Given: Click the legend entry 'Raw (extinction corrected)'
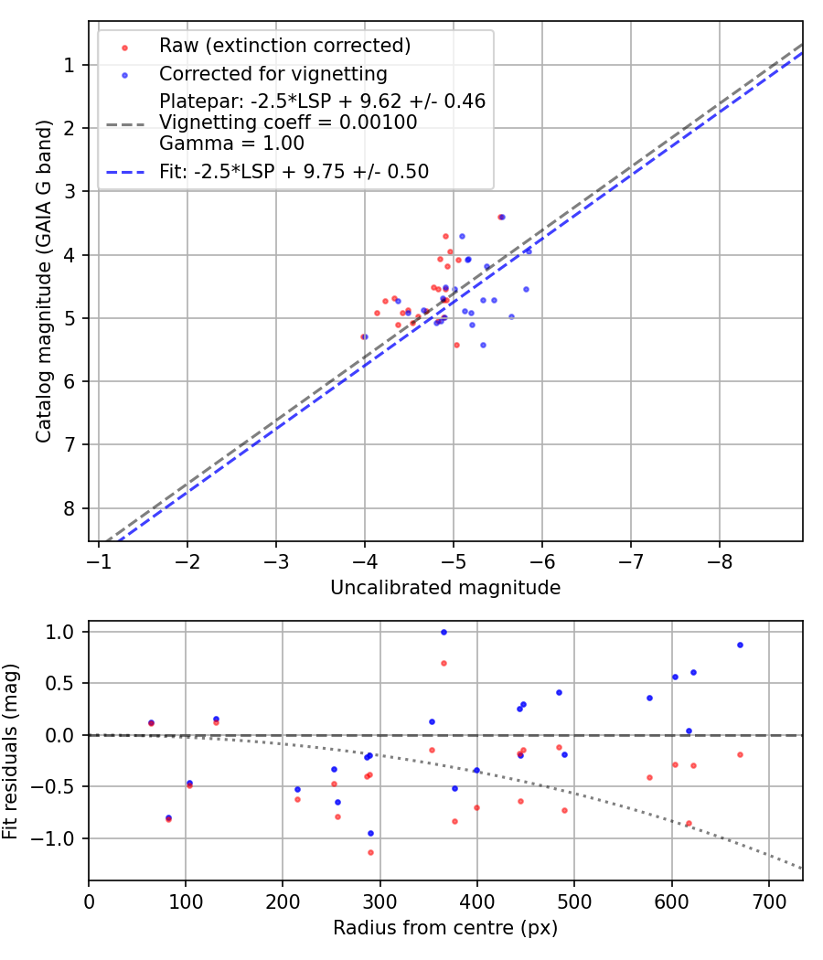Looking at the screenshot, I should [284, 46].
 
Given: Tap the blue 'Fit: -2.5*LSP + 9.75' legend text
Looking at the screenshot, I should [294, 171].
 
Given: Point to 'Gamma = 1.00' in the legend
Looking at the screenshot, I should [231, 144].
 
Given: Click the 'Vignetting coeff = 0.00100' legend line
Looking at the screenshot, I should [288, 123].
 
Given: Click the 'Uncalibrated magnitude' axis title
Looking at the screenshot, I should [445, 588].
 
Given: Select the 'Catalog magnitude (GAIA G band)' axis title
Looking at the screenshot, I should [43, 281].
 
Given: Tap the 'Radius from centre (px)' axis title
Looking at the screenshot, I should [445, 928].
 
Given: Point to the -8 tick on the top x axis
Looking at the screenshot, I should [720, 557].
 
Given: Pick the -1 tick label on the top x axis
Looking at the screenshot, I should [99, 557].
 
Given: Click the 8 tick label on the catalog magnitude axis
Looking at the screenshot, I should [69, 508].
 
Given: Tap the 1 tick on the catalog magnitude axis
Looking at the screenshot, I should [69, 65].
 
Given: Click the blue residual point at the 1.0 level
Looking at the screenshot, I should [444, 632].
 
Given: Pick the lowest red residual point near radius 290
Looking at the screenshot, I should [370, 852].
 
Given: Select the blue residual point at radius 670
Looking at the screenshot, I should [740, 645].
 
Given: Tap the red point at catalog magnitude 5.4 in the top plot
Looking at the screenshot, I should [456, 345].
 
